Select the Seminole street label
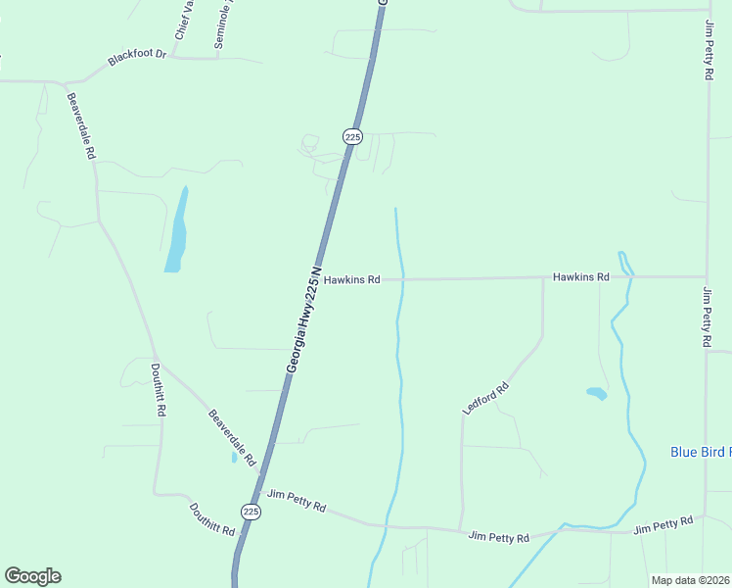point(224,25)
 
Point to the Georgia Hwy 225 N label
point(303,318)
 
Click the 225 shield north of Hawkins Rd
point(352,137)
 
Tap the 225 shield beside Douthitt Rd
point(252,512)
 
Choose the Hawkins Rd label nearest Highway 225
point(351,279)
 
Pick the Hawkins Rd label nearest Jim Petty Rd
point(580,277)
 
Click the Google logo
point(32,576)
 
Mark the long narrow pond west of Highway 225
point(177,231)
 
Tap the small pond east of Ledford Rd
point(596,394)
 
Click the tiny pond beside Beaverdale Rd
point(234,457)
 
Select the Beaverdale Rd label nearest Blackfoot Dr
point(80,125)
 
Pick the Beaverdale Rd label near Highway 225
point(232,437)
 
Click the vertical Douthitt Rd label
point(158,390)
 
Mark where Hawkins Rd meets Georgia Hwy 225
point(326,279)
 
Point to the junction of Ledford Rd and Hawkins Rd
point(542,278)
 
